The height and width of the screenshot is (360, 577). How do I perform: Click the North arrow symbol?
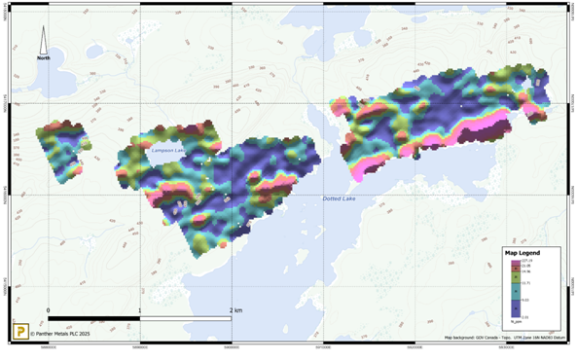[x=44, y=40]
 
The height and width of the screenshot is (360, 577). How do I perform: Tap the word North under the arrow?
[x=44, y=58]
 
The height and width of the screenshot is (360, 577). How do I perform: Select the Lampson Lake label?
[x=167, y=150]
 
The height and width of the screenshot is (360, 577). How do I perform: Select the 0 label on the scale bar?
[x=49, y=310]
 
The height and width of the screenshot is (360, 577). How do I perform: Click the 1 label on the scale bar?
[x=140, y=310]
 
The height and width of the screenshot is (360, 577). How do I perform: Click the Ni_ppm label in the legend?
[x=518, y=321]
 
